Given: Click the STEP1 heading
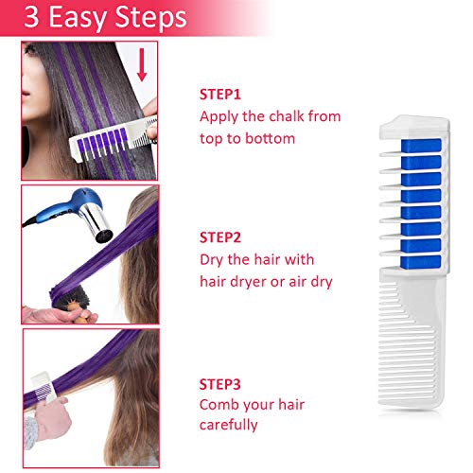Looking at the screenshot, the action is coord(220,95).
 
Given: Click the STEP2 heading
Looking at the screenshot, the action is coord(220,237).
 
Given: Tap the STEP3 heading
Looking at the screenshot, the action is coord(220,384).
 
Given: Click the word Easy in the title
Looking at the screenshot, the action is coord(78,19).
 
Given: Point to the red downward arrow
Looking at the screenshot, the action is coord(142,64).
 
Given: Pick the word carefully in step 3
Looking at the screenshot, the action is coord(229,425).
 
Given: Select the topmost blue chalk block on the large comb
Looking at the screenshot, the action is coord(421,146).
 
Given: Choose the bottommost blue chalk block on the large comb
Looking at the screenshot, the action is coord(421,261).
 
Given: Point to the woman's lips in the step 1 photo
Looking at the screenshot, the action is coord(26,94).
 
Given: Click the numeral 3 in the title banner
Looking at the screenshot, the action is coord(31,17).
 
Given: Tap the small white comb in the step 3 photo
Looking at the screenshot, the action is coord(44,387).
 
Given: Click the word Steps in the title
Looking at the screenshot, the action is coord(150,19).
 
